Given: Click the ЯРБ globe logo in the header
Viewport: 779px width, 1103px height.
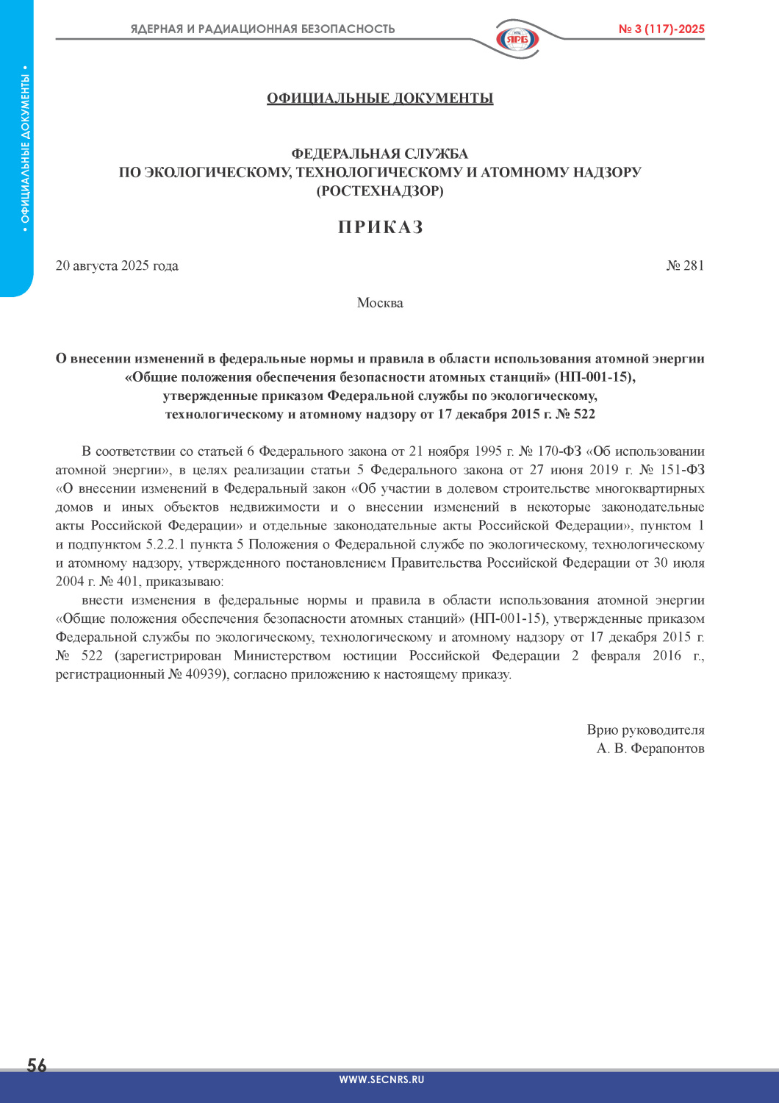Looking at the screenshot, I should click(x=517, y=38).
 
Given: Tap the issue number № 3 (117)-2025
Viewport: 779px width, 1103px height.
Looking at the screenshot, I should click(x=661, y=29).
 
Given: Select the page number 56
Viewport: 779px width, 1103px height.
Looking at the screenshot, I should click(x=37, y=1065).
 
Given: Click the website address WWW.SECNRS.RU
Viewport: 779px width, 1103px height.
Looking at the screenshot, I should click(x=381, y=1079).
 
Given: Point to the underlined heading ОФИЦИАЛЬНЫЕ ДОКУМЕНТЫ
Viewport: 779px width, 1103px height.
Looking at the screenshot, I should click(x=380, y=99).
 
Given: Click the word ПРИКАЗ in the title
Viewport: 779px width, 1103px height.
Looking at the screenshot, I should click(x=380, y=227).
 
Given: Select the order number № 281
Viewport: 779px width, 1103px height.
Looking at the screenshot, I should click(x=685, y=265).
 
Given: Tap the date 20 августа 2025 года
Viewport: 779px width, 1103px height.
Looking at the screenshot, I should click(x=117, y=265).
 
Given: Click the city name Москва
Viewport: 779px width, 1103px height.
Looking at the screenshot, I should click(x=380, y=303).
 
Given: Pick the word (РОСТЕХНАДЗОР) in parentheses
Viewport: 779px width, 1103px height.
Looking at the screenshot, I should click(x=380, y=191).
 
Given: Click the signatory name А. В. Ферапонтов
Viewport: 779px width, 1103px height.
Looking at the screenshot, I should click(x=650, y=749).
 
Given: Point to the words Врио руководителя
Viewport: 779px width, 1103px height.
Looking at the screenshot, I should click(x=645, y=730).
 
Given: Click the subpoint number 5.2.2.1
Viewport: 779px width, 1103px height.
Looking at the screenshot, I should click(x=165, y=545).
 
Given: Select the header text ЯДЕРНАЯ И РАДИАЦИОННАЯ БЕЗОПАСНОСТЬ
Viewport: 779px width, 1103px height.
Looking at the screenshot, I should click(x=262, y=29).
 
